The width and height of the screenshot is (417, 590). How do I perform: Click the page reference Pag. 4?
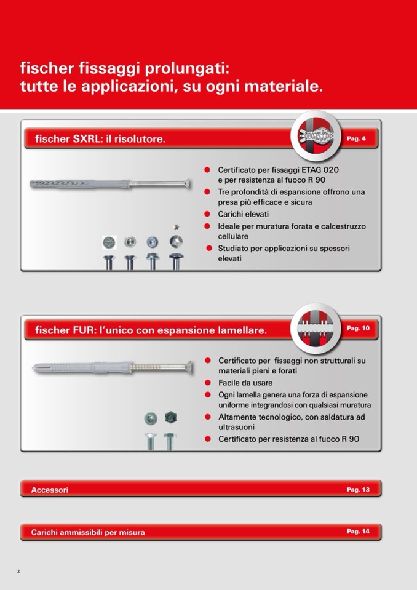point(356,139)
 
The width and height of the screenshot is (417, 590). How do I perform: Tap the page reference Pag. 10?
point(358,329)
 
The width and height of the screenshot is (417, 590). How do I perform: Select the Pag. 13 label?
point(358,490)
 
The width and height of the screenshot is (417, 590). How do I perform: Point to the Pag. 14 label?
point(358,532)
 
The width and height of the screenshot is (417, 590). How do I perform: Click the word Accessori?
point(50,490)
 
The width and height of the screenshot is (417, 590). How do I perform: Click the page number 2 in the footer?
point(18,571)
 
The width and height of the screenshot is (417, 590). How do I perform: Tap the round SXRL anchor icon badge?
point(316,136)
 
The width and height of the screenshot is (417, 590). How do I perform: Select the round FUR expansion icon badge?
point(316,328)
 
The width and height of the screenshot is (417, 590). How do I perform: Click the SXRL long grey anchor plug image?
point(110,184)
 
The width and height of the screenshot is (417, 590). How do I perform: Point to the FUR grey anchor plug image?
point(112,368)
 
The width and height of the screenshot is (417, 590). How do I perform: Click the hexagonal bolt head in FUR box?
point(171,417)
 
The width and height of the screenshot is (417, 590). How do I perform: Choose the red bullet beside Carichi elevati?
point(207,214)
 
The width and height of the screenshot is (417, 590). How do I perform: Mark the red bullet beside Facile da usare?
point(207,383)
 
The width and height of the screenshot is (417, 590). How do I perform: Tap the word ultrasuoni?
point(237,427)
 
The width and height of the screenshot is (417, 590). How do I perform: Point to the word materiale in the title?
point(284,87)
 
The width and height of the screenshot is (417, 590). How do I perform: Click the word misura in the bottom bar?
point(132,532)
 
